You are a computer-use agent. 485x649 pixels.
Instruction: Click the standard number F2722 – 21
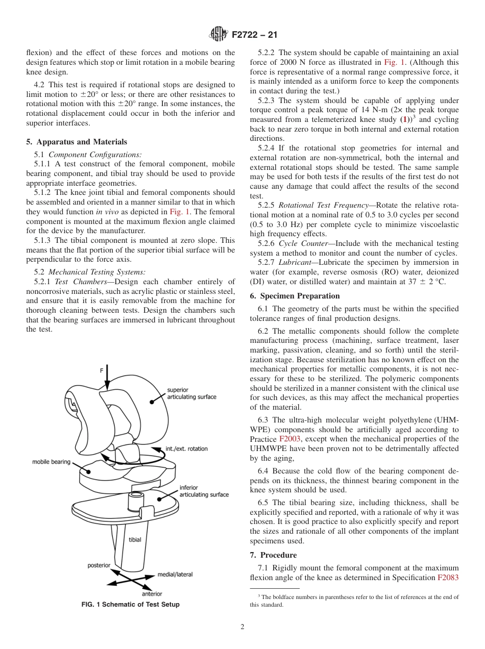[254, 35]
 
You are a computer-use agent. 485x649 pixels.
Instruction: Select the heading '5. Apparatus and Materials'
[77, 142]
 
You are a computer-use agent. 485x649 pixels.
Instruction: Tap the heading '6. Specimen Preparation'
[295, 296]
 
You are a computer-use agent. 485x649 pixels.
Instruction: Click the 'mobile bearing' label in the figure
[51, 462]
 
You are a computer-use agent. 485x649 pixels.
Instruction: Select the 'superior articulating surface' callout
[191, 393]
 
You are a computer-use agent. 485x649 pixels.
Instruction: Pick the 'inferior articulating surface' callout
[204, 491]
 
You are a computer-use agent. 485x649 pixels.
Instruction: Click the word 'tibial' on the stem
[135, 539]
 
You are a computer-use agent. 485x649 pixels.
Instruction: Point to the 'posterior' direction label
[99, 565]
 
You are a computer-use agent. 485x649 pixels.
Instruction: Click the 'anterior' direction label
[152, 593]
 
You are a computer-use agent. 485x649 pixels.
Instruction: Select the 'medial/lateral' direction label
[175, 575]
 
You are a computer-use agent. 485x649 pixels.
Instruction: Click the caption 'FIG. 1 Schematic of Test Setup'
[130, 605]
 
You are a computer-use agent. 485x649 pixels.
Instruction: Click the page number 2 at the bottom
[243, 627]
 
